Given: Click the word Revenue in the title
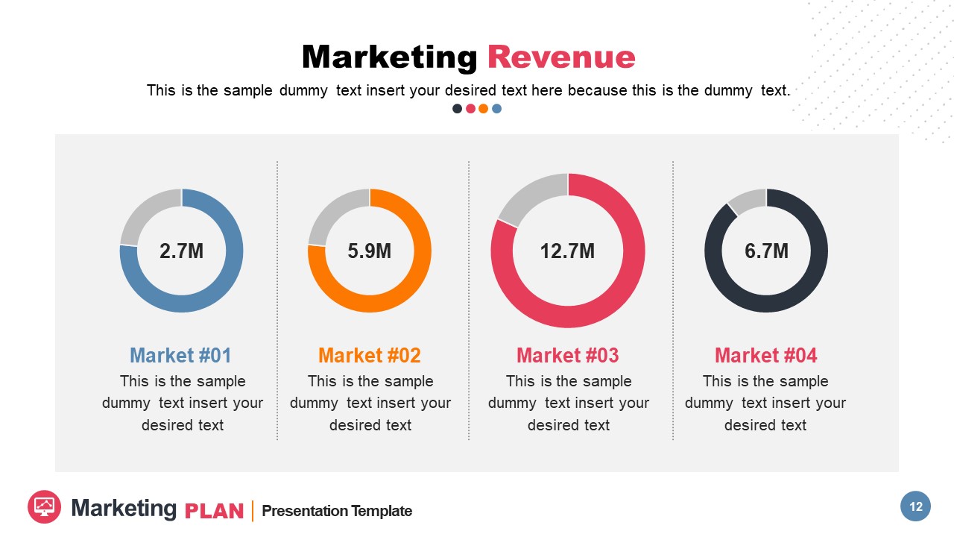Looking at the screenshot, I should coord(560,57).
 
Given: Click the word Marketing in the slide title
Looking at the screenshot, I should coord(389,57).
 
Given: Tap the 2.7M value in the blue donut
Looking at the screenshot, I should coord(181,251).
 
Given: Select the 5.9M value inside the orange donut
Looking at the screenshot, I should coord(369,251).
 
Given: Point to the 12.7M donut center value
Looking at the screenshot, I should coord(567,251).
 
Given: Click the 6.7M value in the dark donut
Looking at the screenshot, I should coord(766,251).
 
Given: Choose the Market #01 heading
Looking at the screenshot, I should coord(181,355).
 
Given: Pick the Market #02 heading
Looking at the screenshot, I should coord(369,355).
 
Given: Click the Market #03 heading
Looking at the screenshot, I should coord(567,355).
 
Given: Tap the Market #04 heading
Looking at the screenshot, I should coord(766,355).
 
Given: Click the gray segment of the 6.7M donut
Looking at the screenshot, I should coord(747,200).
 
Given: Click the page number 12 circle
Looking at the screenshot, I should coord(916,507).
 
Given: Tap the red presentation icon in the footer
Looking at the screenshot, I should coord(44,507).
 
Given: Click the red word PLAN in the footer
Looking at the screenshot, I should coord(214,512).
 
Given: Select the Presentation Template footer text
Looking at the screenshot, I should coord(337,511).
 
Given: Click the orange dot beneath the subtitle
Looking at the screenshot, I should coord(483,109).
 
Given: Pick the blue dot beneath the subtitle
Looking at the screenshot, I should coord(497,109).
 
